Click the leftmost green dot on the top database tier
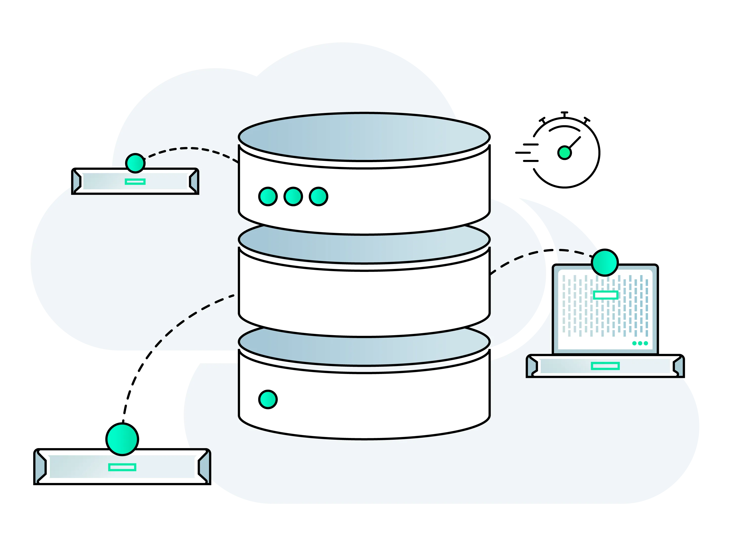point(268,197)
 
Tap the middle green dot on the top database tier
point(293,197)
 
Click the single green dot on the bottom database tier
point(268,400)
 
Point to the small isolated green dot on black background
point(565,153)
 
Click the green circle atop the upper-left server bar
point(135,163)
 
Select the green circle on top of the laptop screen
point(605,262)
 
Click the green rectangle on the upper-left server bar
point(135,182)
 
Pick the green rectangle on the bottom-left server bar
point(122,467)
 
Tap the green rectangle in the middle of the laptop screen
point(606,295)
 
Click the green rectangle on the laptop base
point(605,366)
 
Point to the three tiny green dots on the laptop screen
point(640,343)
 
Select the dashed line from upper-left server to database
point(191,148)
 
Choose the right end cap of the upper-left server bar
point(194,181)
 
